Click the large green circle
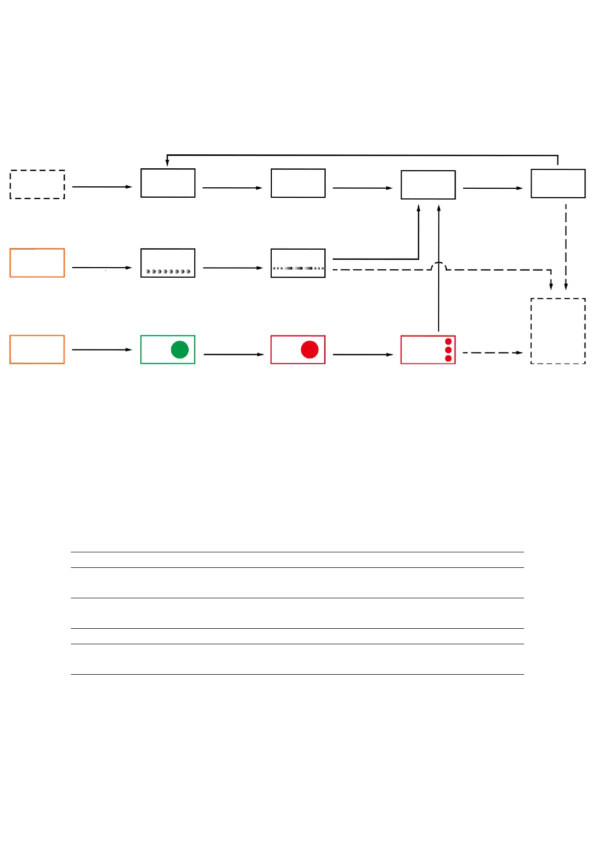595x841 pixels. [x=179, y=350]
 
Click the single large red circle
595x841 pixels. [x=310, y=350]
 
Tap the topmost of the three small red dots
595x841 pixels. [x=448, y=342]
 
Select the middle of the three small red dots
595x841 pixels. [x=448, y=350]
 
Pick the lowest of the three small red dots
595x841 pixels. [x=448, y=358]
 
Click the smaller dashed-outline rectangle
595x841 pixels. [x=37, y=184]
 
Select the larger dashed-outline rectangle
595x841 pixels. [x=558, y=331]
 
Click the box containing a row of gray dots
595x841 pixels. [x=168, y=263]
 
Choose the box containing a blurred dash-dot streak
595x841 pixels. [x=298, y=263]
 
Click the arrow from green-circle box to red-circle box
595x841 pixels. [x=233, y=354]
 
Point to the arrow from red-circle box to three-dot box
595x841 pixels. [x=363, y=354]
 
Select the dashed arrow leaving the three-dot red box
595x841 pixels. [x=492, y=353]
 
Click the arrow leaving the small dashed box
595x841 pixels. [x=102, y=187]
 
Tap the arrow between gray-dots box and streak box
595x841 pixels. [x=232, y=268]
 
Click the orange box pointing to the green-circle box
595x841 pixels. [x=37, y=350]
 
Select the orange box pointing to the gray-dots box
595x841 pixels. [x=37, y=263]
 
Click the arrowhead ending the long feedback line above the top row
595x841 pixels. [x=167, y=162]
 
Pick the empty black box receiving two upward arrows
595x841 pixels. [x=428, y=185]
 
